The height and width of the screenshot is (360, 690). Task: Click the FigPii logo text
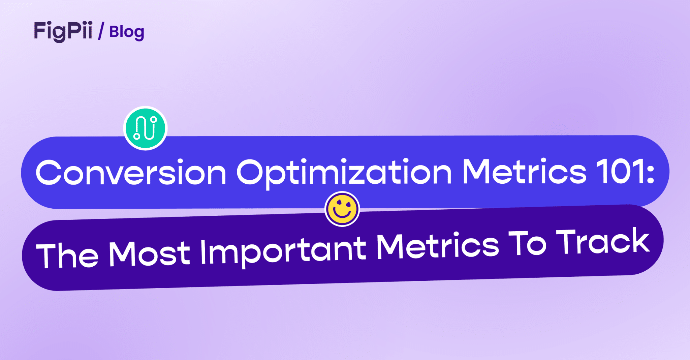(63, 31)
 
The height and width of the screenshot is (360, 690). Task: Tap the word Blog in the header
(127, 32)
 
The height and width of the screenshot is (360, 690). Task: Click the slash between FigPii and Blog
(101, 31)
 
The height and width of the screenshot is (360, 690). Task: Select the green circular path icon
(145, 128)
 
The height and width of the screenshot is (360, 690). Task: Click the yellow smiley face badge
(342, 209)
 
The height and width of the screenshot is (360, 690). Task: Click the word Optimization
(344, 173)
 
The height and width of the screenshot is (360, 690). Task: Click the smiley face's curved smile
(342, 214)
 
